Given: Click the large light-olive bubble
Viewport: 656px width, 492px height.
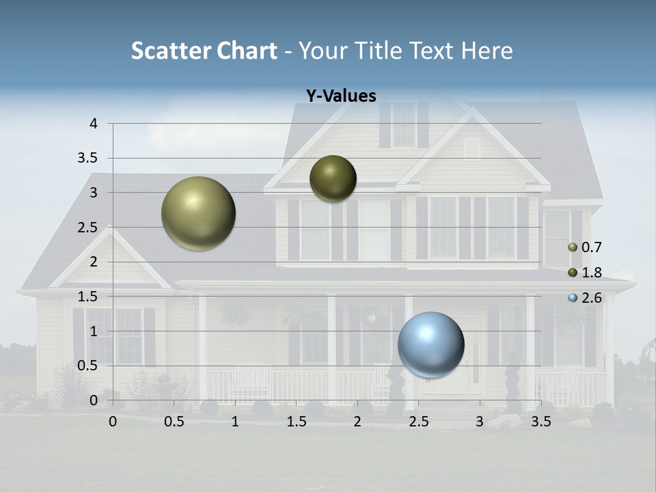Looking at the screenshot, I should (x=198, y=213).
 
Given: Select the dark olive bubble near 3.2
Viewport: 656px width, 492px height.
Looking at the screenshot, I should (x=333, y=178).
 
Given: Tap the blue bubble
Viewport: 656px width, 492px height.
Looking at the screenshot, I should (x=430, y=344).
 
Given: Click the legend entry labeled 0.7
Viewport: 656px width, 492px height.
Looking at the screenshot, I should (x=585, y=247).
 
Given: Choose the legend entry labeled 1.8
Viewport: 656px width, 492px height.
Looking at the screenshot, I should (x=585, y=273).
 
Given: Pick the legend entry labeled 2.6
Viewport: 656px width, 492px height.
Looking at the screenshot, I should (x=585, y=298).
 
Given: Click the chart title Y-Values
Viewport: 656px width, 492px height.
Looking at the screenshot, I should (x=340, y=96).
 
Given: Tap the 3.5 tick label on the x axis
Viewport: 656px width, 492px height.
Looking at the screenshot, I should (x=541, y=422).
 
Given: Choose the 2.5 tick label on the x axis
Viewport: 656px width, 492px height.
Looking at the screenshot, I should (x=419, y=422).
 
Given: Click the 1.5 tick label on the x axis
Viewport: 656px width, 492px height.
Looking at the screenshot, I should (x=297, y=422).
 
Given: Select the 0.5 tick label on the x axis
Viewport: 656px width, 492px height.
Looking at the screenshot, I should (x=174, y=422).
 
